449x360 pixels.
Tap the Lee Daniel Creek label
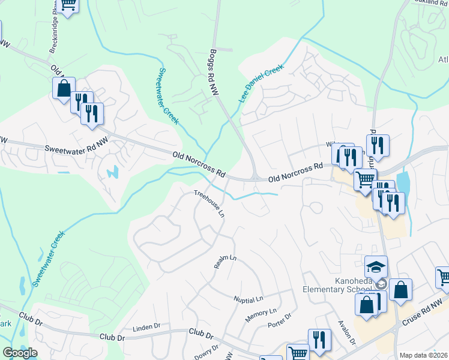[x=261, y=84]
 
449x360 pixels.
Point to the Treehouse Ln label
[x=209, y=203]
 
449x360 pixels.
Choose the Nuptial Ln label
[x=249, y=298]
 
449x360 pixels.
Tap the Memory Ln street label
[x=261, y=312]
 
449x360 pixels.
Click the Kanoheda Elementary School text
[x=346, y=286]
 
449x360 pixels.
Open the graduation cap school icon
[x=376, y=266]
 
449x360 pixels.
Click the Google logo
[x=20, y=353]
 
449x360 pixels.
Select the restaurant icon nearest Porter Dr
[x=319, y=339]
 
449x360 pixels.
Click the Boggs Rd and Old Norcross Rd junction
[x=256, y=177]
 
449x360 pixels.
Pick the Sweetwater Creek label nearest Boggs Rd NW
[x=168, y=96]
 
